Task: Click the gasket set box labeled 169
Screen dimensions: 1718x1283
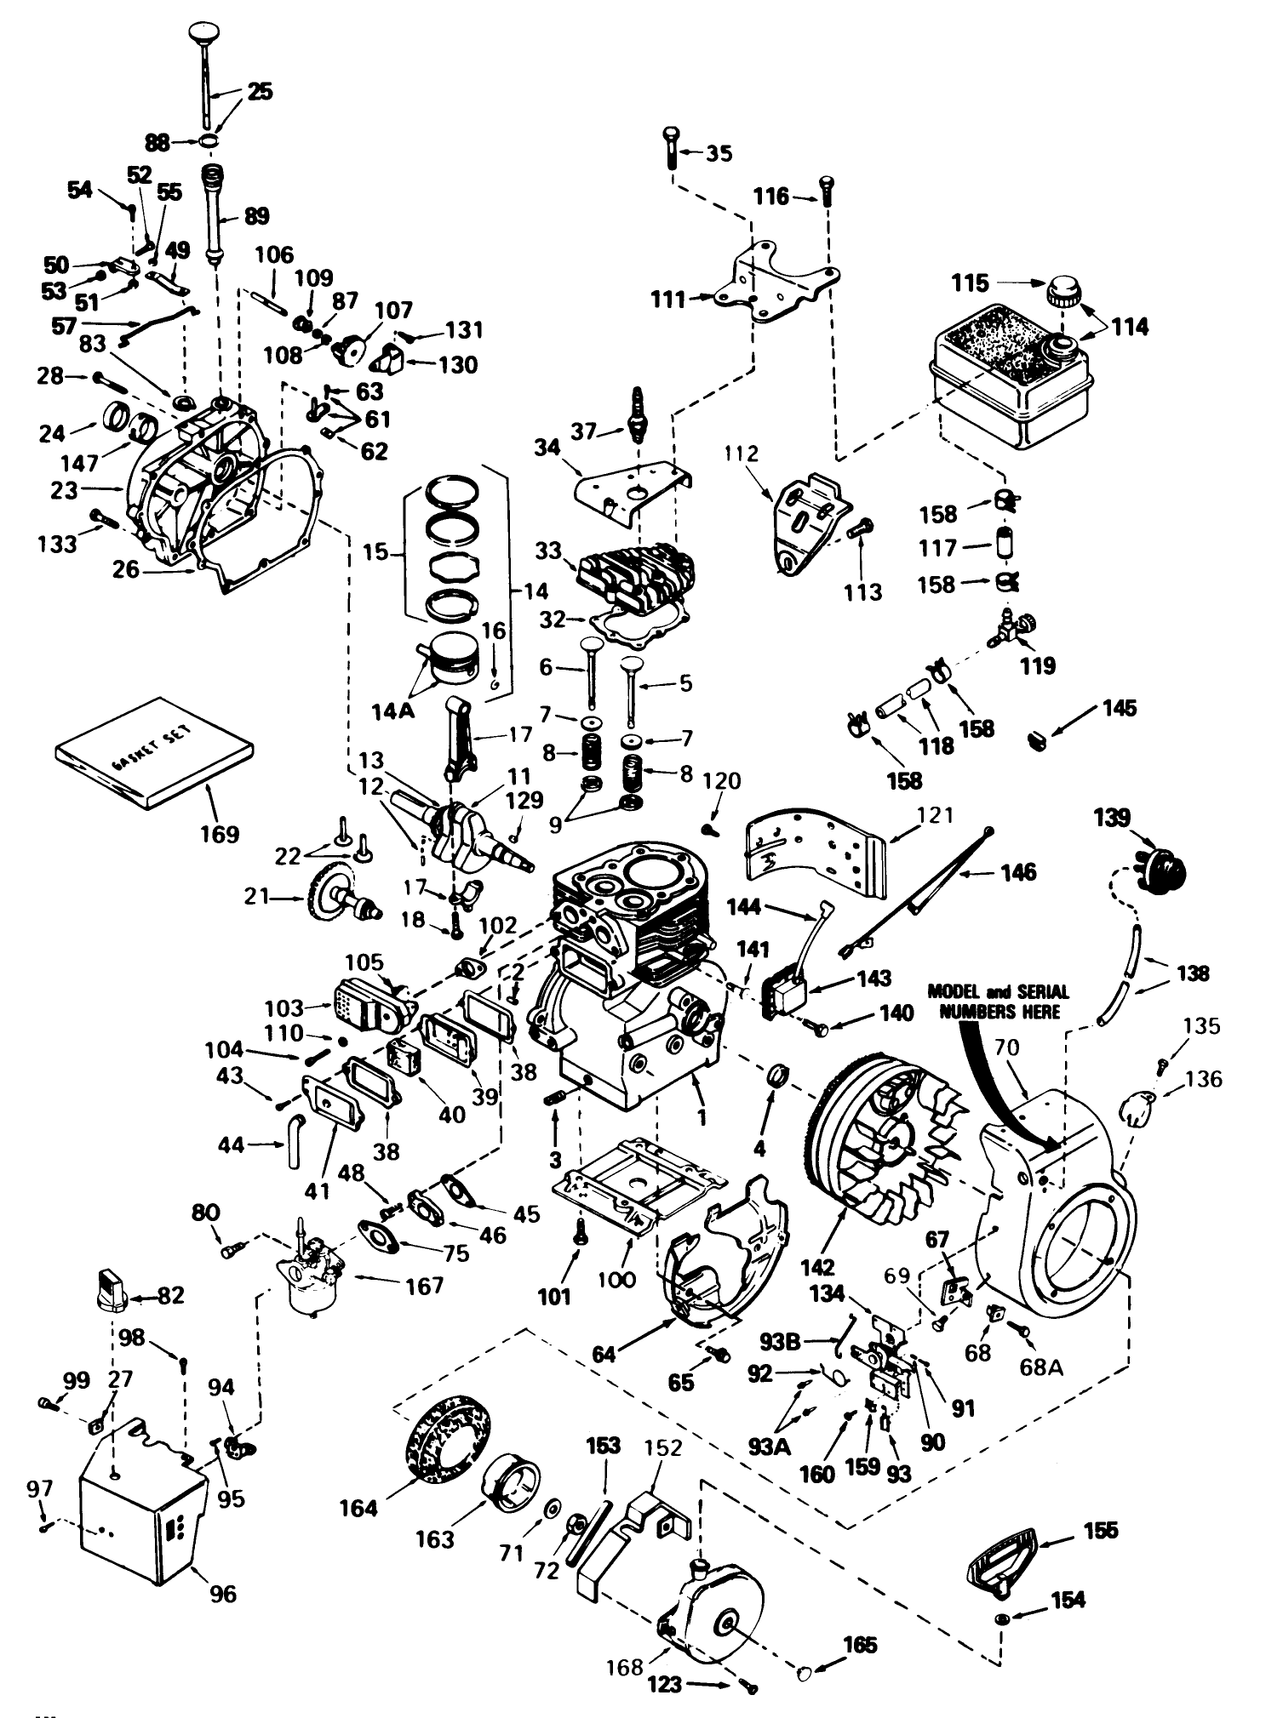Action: tap(153, 751)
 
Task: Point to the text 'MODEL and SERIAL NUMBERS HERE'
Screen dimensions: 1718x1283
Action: tap(998, 1002)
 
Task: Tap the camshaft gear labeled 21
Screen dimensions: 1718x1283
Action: tap(336, 894)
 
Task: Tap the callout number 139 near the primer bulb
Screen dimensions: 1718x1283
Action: tap(1112, 819)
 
